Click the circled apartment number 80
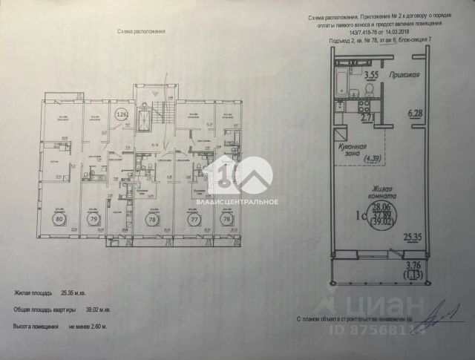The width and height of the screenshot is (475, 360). tap(59, 220)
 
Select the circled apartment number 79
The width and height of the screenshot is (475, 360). tap(94, 220)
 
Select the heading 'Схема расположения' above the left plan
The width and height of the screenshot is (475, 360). tap(141, 33)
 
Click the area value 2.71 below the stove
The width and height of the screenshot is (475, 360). tap(367, 117)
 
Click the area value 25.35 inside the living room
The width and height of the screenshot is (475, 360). tap(413, 238)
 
